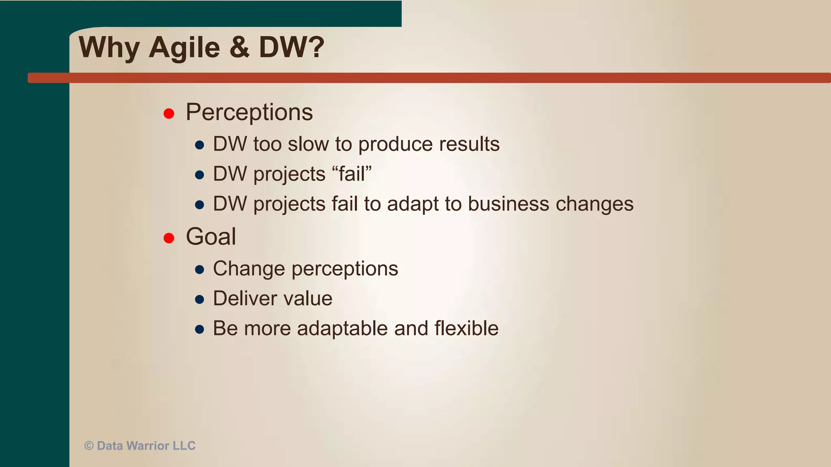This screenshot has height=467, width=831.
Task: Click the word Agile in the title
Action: pyautogui.click(x=184, y=48)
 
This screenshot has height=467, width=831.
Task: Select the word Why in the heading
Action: pyautogui.click(x=109, y=48)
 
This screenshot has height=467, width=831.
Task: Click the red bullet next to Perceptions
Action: pyautogui.click(x=169, y=114)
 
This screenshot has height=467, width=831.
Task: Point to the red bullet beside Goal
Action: pyautogui.click(x=169, y=238)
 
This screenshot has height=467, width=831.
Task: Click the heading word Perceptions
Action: pyautogui.click(x=249, y=112)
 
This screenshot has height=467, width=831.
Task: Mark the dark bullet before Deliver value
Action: pyautogui.click(x=199, y=300)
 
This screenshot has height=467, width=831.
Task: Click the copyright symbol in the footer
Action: pyautogui.click(x=89, y=446)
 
